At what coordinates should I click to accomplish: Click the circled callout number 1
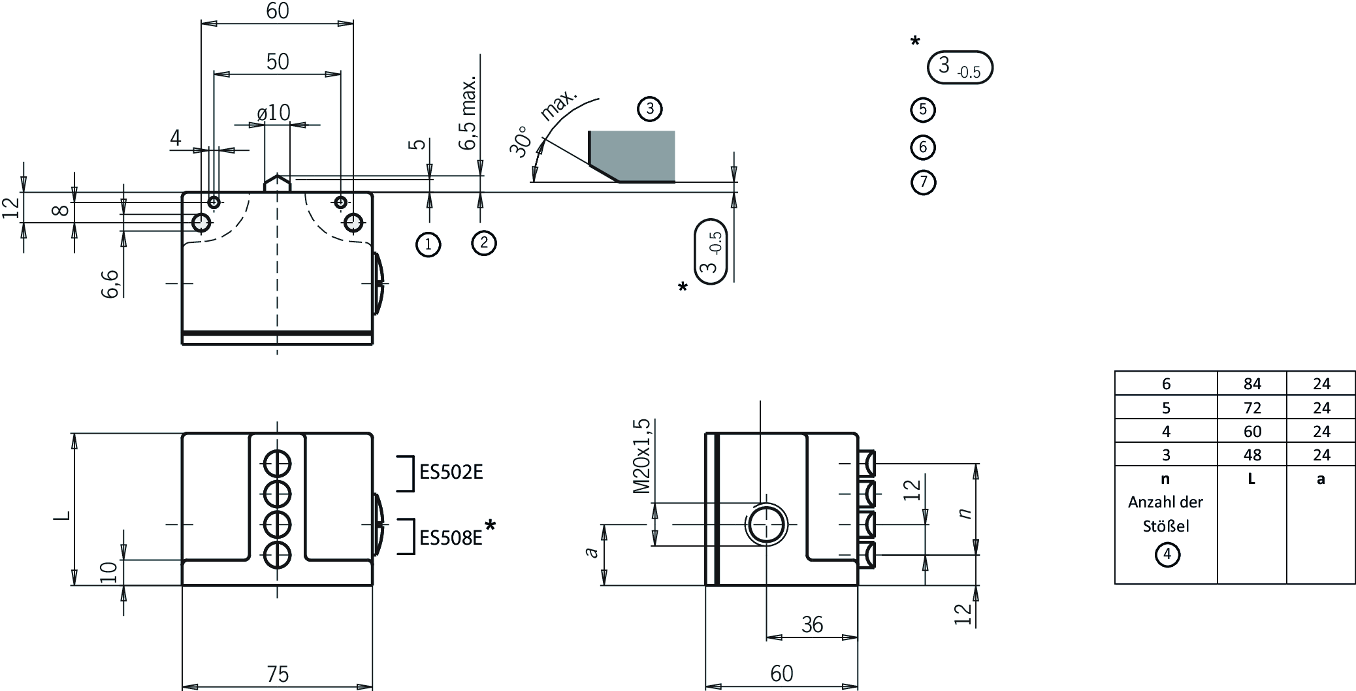click(x=428, y=244)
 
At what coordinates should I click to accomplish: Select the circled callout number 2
click(x=483, y=243)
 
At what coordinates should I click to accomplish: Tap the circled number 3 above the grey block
click(x=650, y=109)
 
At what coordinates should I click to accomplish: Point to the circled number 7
click(x=923, y=182)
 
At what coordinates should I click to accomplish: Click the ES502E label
click(x=451, y=472)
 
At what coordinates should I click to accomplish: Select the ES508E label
click(x=451, y=538)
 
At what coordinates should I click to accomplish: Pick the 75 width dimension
click(x=278, y=673)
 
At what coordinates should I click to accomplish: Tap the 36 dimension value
click(x=812, y=625)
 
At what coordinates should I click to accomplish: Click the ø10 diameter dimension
click(x=274, y=113)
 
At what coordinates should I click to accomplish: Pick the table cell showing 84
click(x=1252, y=383)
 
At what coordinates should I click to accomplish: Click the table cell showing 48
click(x=1252, y=455)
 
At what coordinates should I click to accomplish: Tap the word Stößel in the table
click(x=1166, y=526)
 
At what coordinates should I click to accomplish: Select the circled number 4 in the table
click(x=1167, y=555)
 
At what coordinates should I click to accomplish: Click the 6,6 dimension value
click(x=112, y=283)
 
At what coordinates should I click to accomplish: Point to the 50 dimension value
click(x=278, y=61)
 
